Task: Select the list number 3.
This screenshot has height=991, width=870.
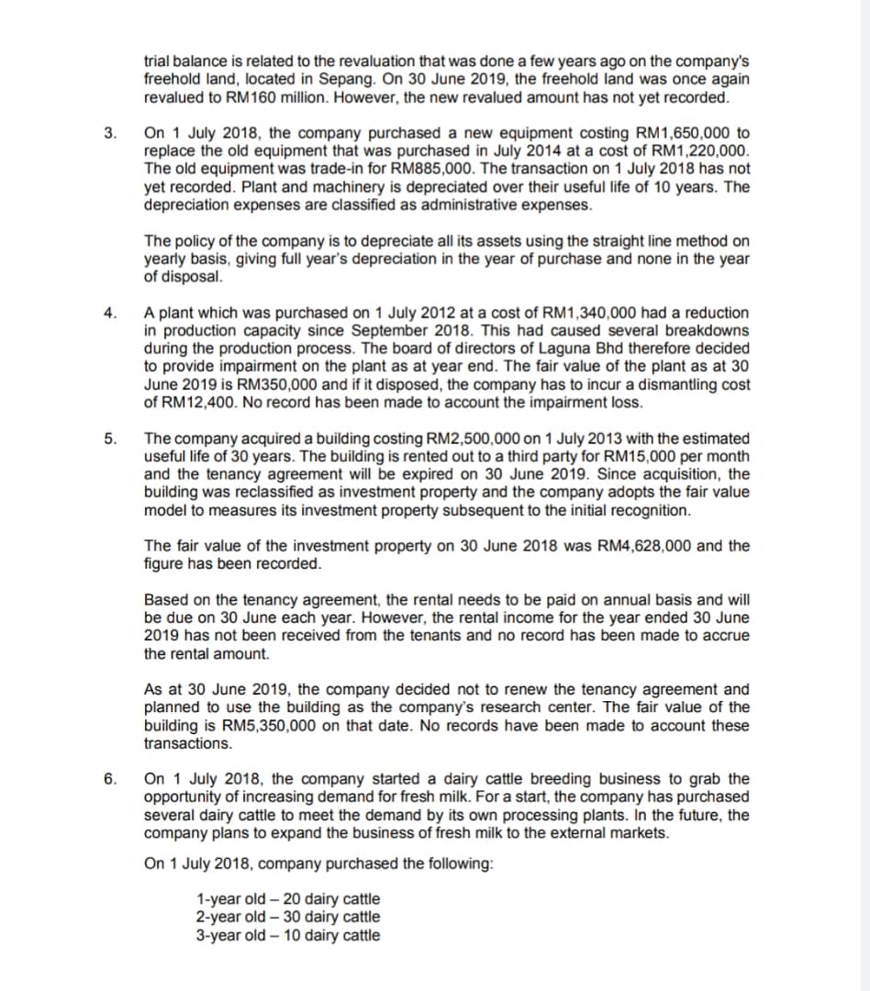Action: [109, 133]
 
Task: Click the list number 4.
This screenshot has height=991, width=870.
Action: [109, 313]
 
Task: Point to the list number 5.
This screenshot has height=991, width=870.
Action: [109, 439]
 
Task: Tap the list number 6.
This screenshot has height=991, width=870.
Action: [109, 780]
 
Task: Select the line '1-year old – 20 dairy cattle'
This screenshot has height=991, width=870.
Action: [287, 899]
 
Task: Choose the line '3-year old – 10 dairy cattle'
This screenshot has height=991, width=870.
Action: [287, 935]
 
